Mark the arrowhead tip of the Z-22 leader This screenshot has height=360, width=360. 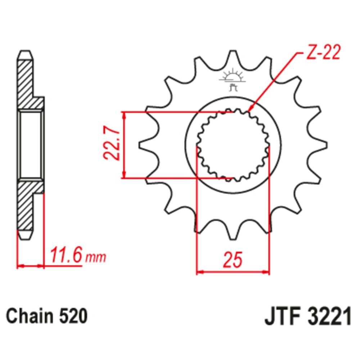(x=249, y=110)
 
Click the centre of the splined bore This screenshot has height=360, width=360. (x=233, y=145)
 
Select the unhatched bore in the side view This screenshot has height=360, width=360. (x=31, y=145)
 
